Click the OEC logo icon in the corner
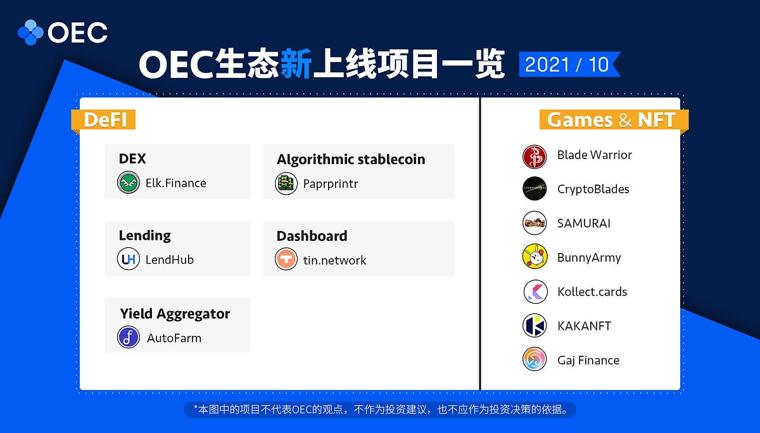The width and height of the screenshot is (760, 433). point(30,32)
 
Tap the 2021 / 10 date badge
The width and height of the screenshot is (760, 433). point(567,65)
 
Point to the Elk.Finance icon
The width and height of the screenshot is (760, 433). point(129,183)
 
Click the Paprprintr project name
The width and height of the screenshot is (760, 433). point(331,183)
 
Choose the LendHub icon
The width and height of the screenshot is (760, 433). point(129,259)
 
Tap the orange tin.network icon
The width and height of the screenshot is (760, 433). point(286,260)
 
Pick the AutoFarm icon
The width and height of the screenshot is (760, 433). point(129,337)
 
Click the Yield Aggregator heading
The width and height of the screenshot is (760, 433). point(175,313)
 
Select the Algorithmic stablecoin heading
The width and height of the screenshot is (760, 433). point(350,159)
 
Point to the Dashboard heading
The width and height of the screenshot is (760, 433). point(312,236)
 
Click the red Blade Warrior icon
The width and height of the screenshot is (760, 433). point(535,156)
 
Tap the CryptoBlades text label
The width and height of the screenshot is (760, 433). point(593,189)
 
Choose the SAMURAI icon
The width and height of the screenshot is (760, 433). point(535,223)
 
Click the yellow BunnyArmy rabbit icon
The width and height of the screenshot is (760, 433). point(535,257)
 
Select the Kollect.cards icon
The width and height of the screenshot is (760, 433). point(535,292)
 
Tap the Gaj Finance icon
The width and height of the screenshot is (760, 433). point(535,360)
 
